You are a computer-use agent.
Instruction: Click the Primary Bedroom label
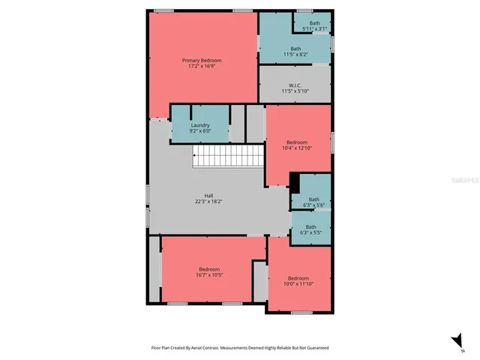pyautogui.click(x=202, y=60)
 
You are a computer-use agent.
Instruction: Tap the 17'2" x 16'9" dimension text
pyautogui.click(x=202, y=66)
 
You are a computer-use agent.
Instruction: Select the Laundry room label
pyautogui.click(x=200, y=125)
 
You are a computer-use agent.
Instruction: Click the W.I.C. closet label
pyautogui.click(x=295, y=85)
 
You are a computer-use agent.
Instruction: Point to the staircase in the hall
pyautogui.click(x=228, y=157)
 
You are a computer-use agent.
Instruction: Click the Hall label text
pyautogui.click(x=208, y=196)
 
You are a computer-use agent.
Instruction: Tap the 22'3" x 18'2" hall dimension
pyautogui.click(x=208, y=202)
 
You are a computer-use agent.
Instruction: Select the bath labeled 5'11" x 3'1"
pyautogui.click(x=313, y=26)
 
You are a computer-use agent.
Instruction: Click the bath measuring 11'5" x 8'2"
pyautogui.click(x=295, y=52)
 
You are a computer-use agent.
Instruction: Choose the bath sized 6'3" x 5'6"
pyautogui.click(x=313, y=202)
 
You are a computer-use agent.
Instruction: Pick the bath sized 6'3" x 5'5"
pyautogui.click(x=310, y=229)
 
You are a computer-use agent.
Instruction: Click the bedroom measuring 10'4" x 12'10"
pyautogui.click(x=297, y=145)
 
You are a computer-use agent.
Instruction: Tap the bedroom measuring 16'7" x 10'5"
pyautogui.click(x=209, y=272)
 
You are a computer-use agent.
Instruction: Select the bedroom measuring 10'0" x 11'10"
pyautogui.click(x=298, y=280)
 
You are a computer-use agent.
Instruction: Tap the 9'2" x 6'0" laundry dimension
pyautogui.click(x=200, y=130)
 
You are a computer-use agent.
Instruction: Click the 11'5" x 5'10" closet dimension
pyautogui.click(x=295, y=91)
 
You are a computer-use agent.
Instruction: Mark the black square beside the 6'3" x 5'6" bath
pyautogui.click(x=295, y=183)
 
